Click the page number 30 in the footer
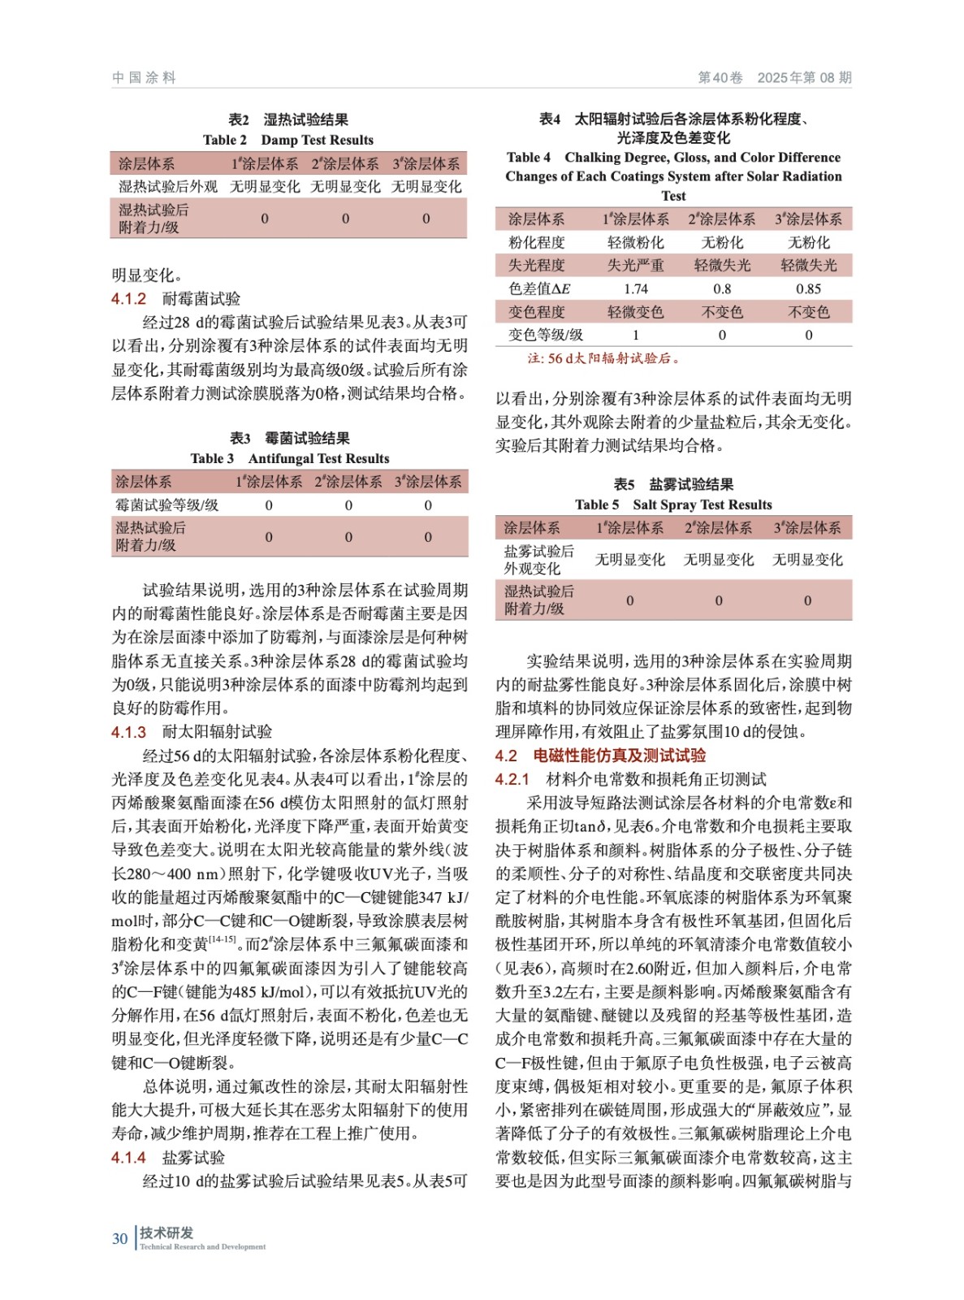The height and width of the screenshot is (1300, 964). point(119,1238)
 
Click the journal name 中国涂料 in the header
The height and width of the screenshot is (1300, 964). point(144,78)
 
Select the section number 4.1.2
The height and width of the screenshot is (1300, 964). point(128,299)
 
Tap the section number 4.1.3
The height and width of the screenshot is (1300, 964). point(128,732)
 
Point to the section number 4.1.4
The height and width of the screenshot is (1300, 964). point(128,1158)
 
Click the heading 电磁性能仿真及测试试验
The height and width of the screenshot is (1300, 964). point(619,756)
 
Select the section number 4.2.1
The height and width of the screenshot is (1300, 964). point(512,780)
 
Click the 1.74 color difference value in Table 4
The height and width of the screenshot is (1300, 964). point(635,288)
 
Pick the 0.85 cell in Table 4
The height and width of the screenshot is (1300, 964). point(808,288)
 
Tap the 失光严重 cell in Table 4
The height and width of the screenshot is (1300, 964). point(635,266)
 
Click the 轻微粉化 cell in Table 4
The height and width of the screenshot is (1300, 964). point(635,243)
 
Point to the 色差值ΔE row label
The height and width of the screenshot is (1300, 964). point(539,288)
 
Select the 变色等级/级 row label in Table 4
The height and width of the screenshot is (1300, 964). point(546,335)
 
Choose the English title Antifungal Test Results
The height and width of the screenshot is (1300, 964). point(318,458)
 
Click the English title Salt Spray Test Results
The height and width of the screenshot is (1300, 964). point(702,505)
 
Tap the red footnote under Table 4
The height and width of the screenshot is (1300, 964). point(603,358)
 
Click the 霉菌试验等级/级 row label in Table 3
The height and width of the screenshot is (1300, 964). point(167,505)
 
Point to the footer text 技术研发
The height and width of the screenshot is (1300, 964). point(166,1233)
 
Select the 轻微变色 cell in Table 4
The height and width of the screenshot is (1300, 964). point(635,312)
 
